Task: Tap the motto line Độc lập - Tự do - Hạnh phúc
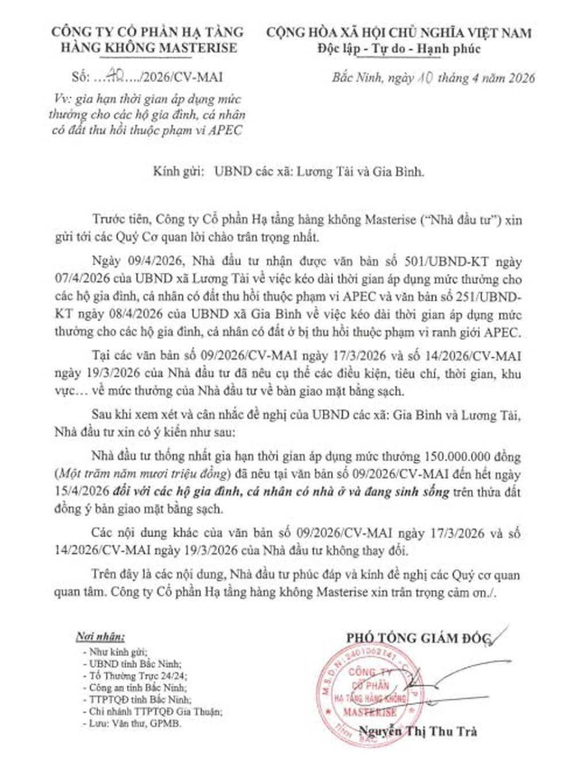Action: (398, 49)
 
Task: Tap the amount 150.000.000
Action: (457, 457)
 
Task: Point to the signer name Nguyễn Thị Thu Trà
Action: (417, 731)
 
